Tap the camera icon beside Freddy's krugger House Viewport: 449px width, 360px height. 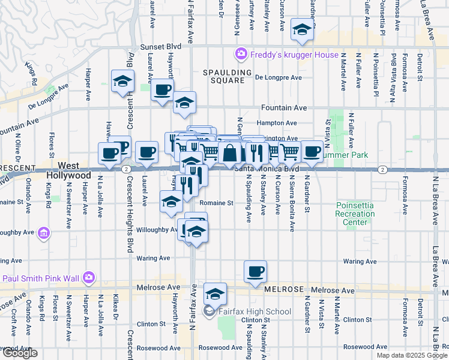[241, 55]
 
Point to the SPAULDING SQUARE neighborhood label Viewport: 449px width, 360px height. [227, 76]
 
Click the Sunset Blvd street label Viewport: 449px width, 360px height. [160, 46]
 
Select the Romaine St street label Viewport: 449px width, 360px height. [217, 203]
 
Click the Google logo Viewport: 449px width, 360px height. [19, 353]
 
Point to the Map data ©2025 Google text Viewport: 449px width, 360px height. [411, 355]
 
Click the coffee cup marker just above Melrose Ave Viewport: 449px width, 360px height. [255, 271]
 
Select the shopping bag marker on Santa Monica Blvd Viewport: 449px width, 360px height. [229, 153]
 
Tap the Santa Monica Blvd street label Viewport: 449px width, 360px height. [267, 169]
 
